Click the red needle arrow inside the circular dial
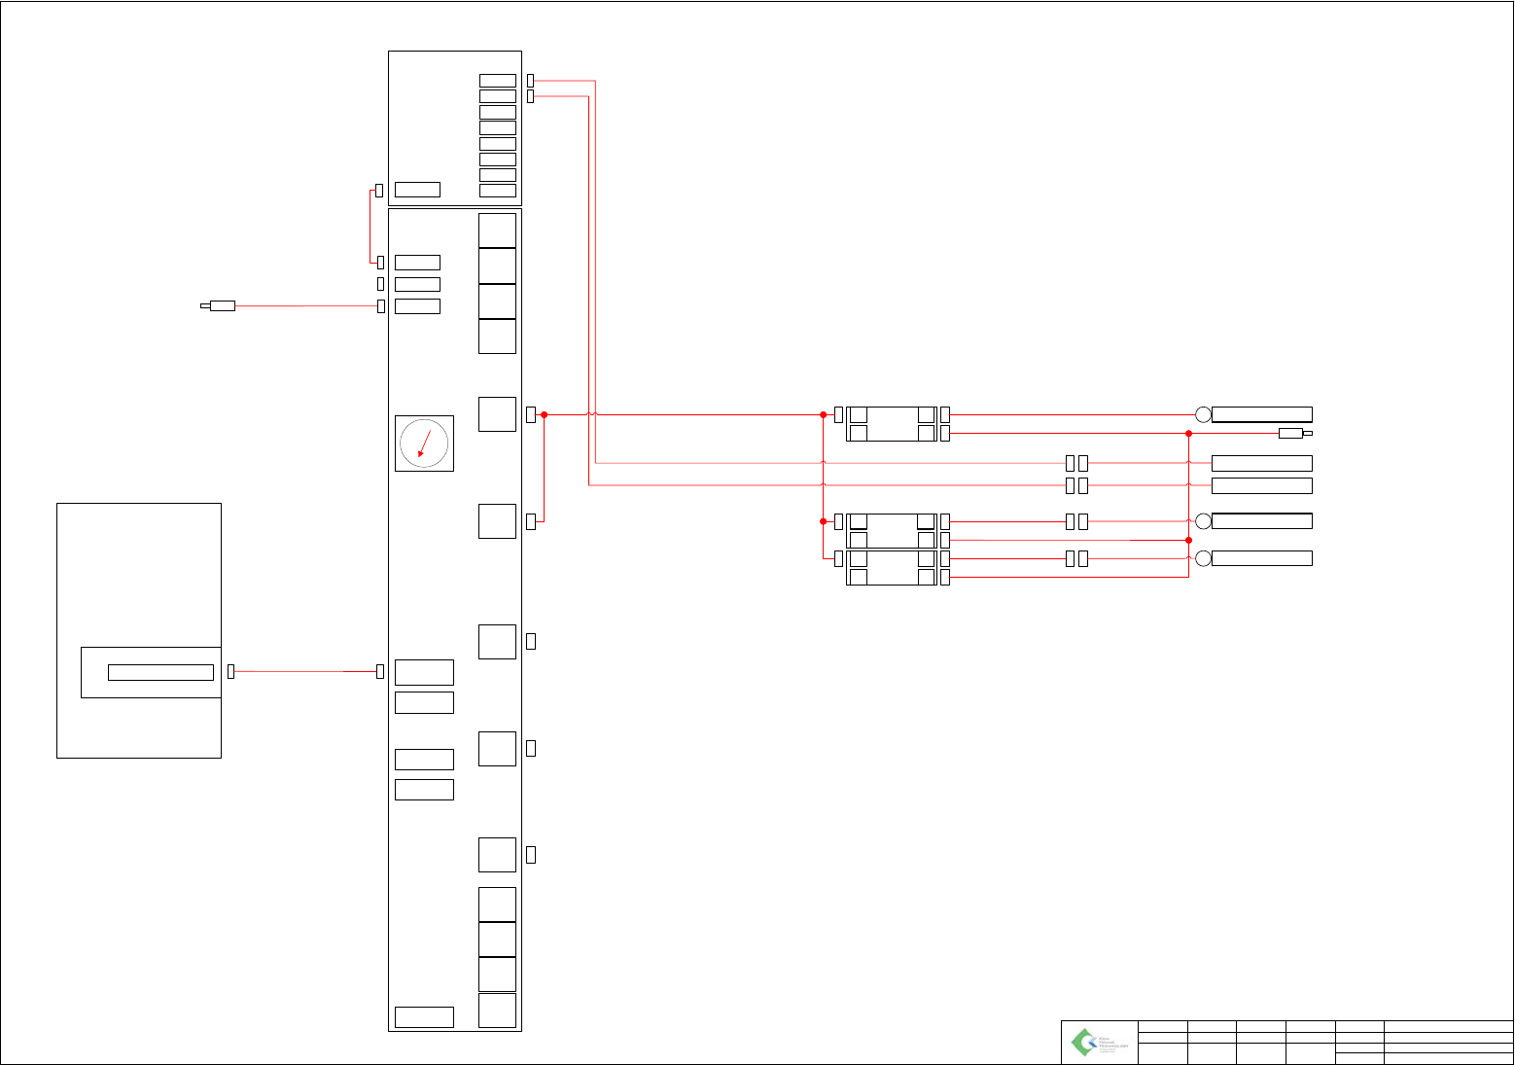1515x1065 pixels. (x=423, y=444)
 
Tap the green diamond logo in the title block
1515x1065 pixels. (x=1083, y=1043)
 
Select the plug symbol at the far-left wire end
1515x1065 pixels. (x=220, y=305)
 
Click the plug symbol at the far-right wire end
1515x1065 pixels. (x=1293, y=433)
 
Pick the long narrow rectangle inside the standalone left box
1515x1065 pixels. (x=160, y=672)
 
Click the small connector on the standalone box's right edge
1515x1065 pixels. (x=230, y=671)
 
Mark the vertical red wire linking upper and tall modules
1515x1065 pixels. (x=370, y=226)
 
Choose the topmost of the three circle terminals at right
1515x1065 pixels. (x=1203, y=414)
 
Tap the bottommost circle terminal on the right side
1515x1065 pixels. (x=1203, y=558)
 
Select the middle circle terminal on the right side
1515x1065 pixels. (x=1203, y=521)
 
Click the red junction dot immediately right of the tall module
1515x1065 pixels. (x=545, y=414)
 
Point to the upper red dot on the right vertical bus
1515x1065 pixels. (x=1188, y=433)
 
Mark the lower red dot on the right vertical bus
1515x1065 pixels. (x=1188, y=540)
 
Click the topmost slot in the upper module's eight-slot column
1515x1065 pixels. (x=497, y=80)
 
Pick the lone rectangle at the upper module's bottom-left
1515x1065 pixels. (x=417, y=190)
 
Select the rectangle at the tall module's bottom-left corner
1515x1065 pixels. (x=424, y=1017)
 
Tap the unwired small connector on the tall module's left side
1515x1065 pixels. (x=380, y=284)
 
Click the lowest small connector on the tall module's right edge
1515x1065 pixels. (x=531, y=855)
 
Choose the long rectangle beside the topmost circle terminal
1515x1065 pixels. (x=1262, y=414)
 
